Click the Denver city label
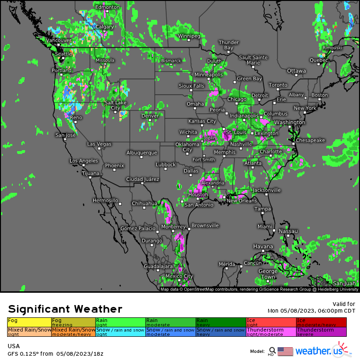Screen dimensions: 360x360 click(150, 116)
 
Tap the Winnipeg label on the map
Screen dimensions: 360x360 click(189, 36)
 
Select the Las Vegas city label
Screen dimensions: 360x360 click(99, 144)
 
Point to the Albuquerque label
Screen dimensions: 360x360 click(142, 153)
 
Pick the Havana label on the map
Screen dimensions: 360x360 click(263, 246)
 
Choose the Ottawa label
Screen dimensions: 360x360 click(297, 71)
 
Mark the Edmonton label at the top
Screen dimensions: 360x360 click(107, 8)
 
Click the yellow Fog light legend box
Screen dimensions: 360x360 click(29, 322)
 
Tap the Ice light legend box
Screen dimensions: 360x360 click(271, 322)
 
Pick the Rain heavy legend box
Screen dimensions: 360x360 click(220, 322)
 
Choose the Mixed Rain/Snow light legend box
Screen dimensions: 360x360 click(29, 332)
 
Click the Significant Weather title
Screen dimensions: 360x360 click(65, 309)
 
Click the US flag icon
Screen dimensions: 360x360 click(285, 351)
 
